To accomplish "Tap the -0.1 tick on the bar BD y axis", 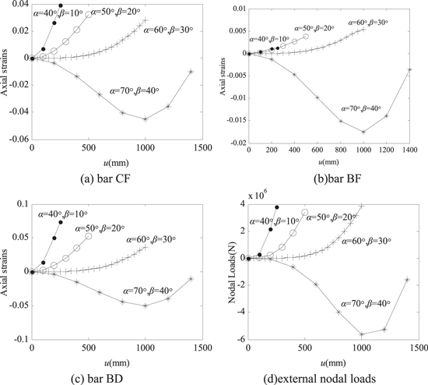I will pyautogui.click(x=19, y=340).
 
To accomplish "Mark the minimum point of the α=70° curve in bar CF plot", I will pyautogui.click(x=146, y=118).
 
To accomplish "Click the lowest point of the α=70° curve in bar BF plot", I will pyautogui.click(x=363, y=132).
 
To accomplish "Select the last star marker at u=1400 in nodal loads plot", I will pyautogui.click(x=407, y=279).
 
